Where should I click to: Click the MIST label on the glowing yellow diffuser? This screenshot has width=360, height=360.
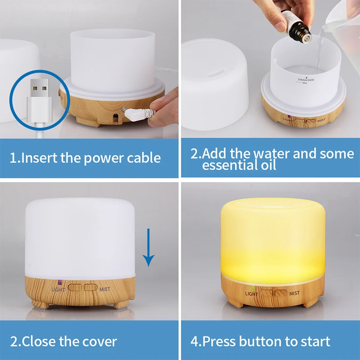point(294,293)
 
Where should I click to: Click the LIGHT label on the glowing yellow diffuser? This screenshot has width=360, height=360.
point(252,293)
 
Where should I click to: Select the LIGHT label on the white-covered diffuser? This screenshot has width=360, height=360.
point(58,289)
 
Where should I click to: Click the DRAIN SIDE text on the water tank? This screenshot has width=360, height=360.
point(306,80)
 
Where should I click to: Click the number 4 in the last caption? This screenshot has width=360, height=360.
point(194,341)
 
